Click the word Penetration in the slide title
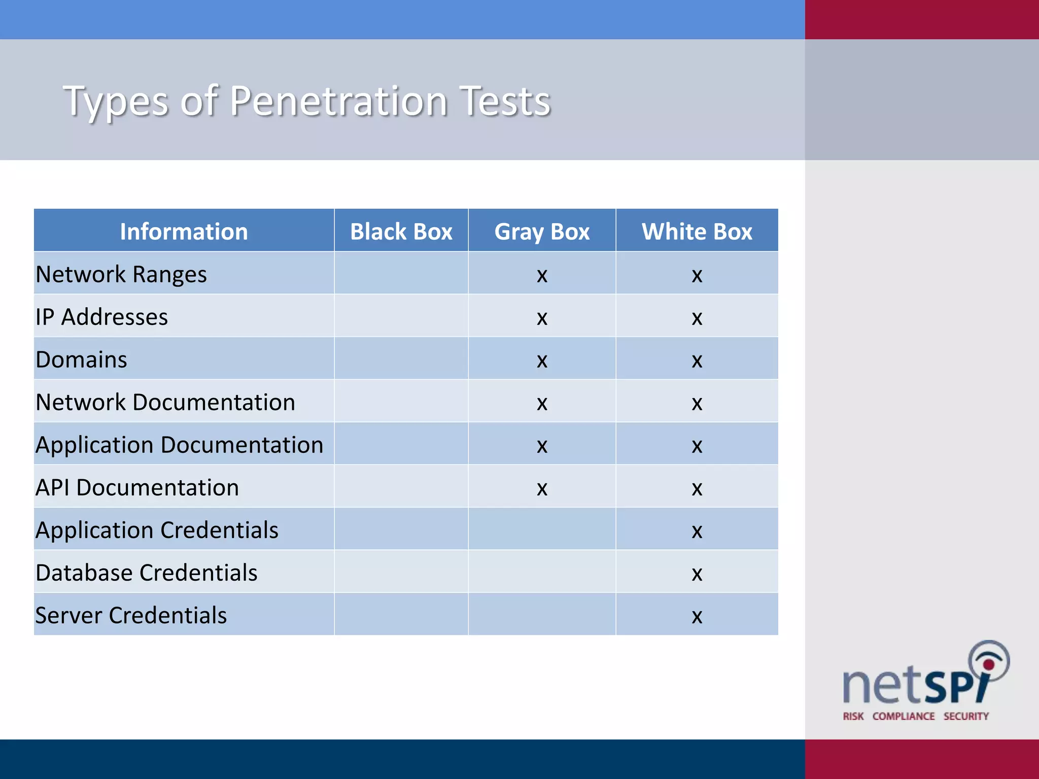(338, 101)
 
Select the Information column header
(184, 231)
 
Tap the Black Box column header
(401, 231)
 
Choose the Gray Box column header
(542, 232)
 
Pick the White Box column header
(697, 231)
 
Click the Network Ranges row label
(121, 274)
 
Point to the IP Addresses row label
(101, 317)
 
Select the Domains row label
(81, 360)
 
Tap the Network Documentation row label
(165, 402)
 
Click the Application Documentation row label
(179, 445)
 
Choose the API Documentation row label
(137, 487)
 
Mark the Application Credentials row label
(157, 530)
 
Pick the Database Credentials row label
(146, 573)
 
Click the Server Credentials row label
(131, 615)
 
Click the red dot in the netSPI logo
(988, 665)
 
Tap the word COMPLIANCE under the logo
(904, 716)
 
